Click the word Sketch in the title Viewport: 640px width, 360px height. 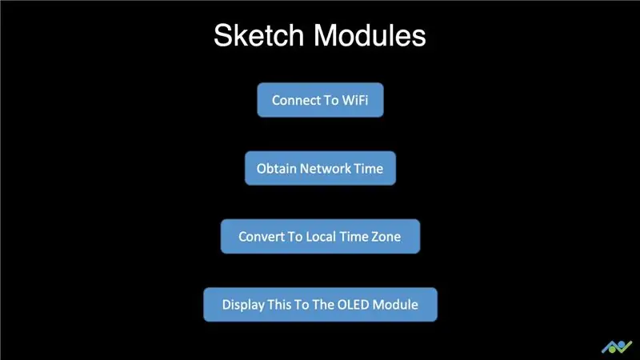point(258,35)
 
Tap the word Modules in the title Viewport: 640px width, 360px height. point(370,35)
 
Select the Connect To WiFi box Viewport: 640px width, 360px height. point(321,100)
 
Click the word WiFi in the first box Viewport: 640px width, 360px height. point(355,100)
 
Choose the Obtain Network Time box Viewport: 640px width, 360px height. point(321,168)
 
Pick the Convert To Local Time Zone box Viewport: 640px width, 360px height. point(321,236)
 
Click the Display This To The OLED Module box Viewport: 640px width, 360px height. point(321,305)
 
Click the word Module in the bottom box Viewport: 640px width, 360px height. point(395,305)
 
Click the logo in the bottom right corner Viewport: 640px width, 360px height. point(617,347)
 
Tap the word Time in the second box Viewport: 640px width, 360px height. point(369,169)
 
